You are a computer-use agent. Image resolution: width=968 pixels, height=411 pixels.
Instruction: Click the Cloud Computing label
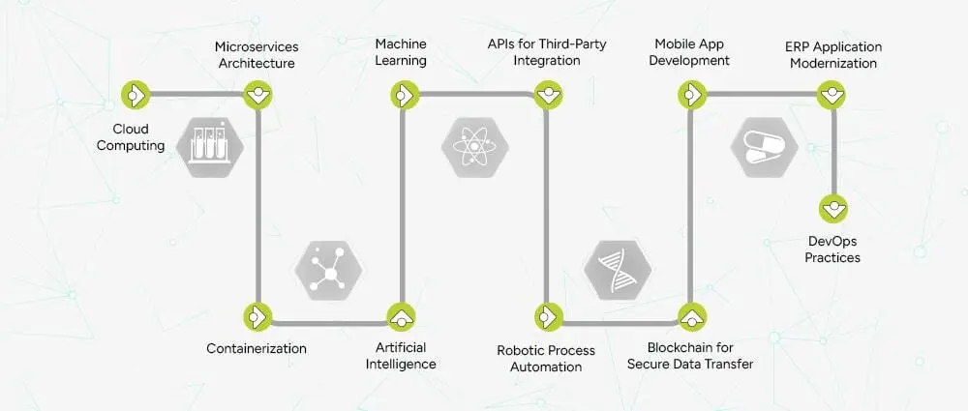click(x=136, y=137)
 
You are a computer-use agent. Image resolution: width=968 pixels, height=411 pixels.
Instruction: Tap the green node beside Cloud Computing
click(x=134, y=94)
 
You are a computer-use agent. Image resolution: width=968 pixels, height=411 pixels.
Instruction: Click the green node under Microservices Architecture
click(x=257, y=94)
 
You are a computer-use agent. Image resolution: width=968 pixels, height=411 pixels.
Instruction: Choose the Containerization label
click(x=257, y=347)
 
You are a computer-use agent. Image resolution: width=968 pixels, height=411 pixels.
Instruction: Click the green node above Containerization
click(x=257, y=315)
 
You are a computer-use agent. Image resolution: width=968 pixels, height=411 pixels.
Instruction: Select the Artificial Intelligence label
click(x=401, y=356)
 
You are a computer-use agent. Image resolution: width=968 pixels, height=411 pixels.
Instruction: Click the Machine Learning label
click(x=401, y=54)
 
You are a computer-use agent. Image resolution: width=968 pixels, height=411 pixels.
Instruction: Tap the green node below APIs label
click(x=548, y=94)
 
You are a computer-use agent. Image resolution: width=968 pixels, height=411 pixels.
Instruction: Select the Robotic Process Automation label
click(x=546, y=358)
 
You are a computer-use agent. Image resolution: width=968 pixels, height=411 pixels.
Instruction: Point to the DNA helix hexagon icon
click(x=618, y=267)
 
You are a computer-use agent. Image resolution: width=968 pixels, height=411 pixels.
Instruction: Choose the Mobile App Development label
click(x=691, y=54)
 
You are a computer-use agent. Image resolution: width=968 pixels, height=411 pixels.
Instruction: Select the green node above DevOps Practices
click(x=832, y=207)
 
